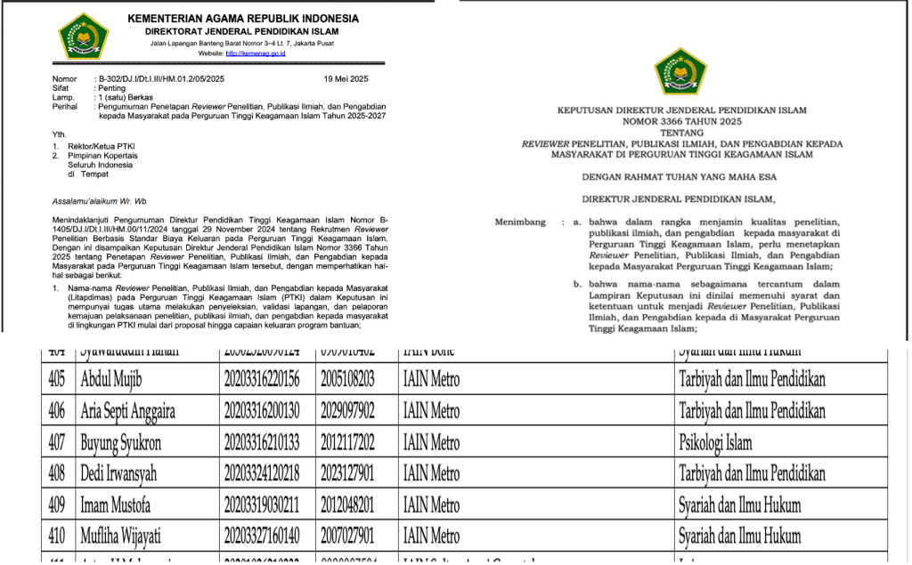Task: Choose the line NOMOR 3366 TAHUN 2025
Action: (x=681, y=122)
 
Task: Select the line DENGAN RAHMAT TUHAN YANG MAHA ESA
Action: (x=681, y=176)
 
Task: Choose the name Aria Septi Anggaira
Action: (x=127, y=411)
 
